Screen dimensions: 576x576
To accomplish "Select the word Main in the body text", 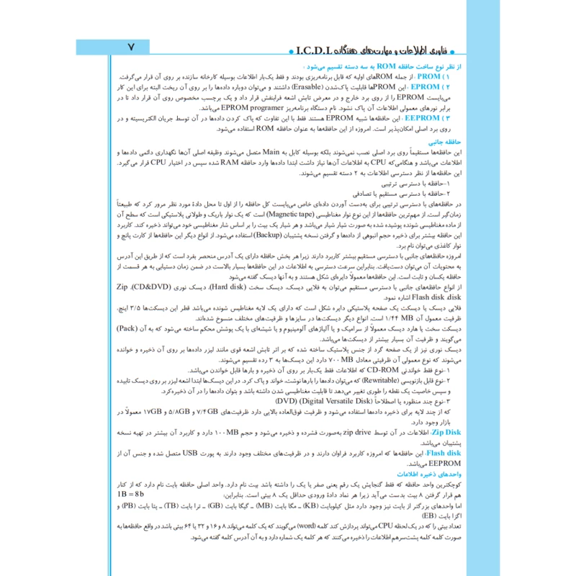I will click(270, 153).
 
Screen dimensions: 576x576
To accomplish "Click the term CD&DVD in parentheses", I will click(150, 287).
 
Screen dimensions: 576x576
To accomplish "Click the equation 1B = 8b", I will click(132, 495).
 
